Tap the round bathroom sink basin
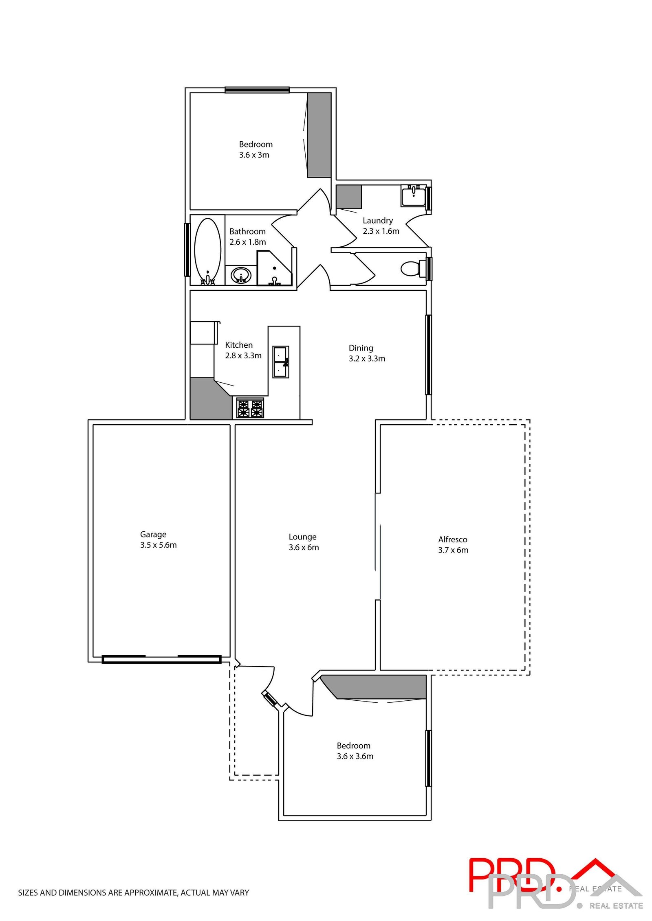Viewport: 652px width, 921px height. (241, 275)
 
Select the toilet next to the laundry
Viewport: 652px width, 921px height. (412, 269)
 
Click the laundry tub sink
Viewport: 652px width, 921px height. (413, 196)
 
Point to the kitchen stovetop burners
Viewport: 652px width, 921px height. (250, 408)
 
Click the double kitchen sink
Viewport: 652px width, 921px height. (280, 362)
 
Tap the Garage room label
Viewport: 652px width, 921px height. (153, 534)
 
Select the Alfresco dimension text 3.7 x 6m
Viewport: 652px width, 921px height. (453, 550)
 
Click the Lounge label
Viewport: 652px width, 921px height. (302, 537)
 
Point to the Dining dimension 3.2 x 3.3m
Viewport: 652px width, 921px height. (367, 359)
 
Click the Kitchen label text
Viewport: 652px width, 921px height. (239, 345)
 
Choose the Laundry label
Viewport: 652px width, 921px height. (378, 220)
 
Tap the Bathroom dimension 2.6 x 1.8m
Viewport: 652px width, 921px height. (247, 242)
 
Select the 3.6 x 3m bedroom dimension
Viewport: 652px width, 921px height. (254, 155)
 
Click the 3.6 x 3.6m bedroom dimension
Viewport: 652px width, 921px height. (355, 756)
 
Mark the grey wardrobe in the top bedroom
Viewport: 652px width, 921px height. (319, 135)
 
